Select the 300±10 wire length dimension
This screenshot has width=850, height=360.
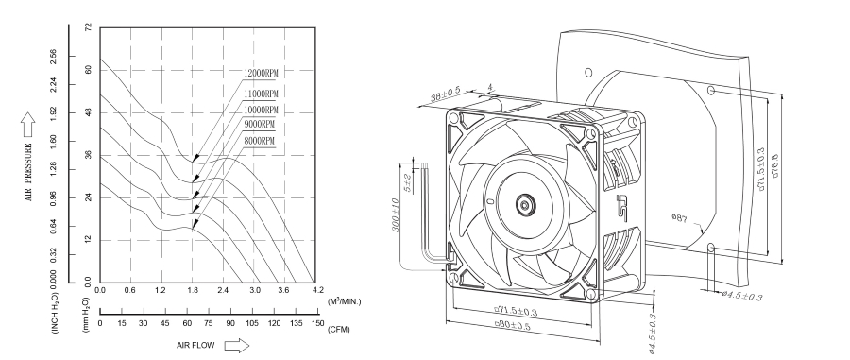tap(399, 216)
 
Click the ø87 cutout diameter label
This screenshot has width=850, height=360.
tap(679, 218)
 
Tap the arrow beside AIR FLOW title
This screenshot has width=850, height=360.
tap(236, 346)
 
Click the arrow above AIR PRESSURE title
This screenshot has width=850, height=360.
tap(27, 121)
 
